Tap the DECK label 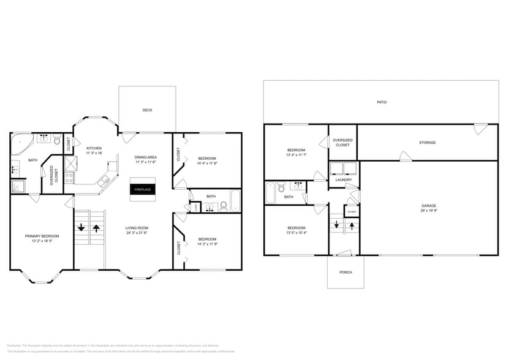point(147,110)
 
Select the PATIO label point(382,102)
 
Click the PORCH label point(345,272)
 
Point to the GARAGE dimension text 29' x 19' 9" point(428,210)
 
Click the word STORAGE point(427,143)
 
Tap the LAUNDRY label point(343,179)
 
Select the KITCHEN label point(94,148)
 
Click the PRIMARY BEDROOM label point(42,236)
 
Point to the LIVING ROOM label point(137,228)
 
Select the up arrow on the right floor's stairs point(352,225)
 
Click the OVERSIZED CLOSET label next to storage point(342,142)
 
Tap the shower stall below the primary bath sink point(18,186)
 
